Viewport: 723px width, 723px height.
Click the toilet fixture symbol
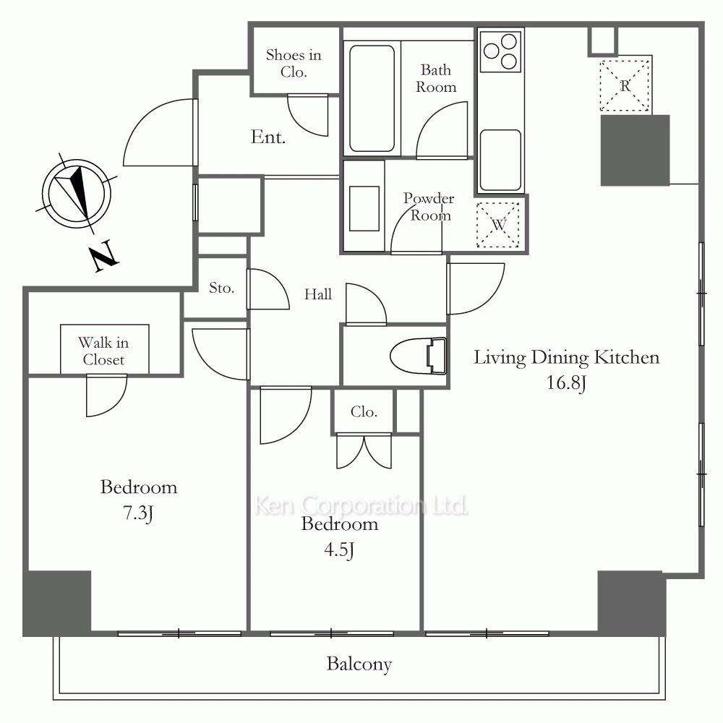tap(418, 356)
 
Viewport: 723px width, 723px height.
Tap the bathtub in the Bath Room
tap(372, 98)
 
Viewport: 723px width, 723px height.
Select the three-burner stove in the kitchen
tap(500, 51)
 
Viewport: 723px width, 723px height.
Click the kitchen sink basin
tap(500, 160)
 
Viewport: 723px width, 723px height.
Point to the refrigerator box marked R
tap(625, 86)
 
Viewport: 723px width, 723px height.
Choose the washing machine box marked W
tap(498, 225)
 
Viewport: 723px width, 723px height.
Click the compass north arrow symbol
tap(77, 193)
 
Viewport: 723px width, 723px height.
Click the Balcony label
tap(359, 664)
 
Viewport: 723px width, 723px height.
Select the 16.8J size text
tap(566, 382)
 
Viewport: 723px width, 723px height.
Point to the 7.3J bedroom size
tap(138, 513)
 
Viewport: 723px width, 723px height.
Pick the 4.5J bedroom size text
tap(339, 549)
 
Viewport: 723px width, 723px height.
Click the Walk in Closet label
tap(103, 351)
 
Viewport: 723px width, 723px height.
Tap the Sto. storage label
tap(222, 288)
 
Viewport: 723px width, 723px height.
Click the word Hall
tap(318, 294)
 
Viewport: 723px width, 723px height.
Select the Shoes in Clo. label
tap(294, 63)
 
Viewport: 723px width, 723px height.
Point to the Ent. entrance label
tap(268, 137)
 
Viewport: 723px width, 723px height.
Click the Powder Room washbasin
tap(364, 208)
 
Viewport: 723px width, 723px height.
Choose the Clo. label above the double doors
tap(364, 411)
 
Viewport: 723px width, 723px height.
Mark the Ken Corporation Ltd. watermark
tap(361, 505)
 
